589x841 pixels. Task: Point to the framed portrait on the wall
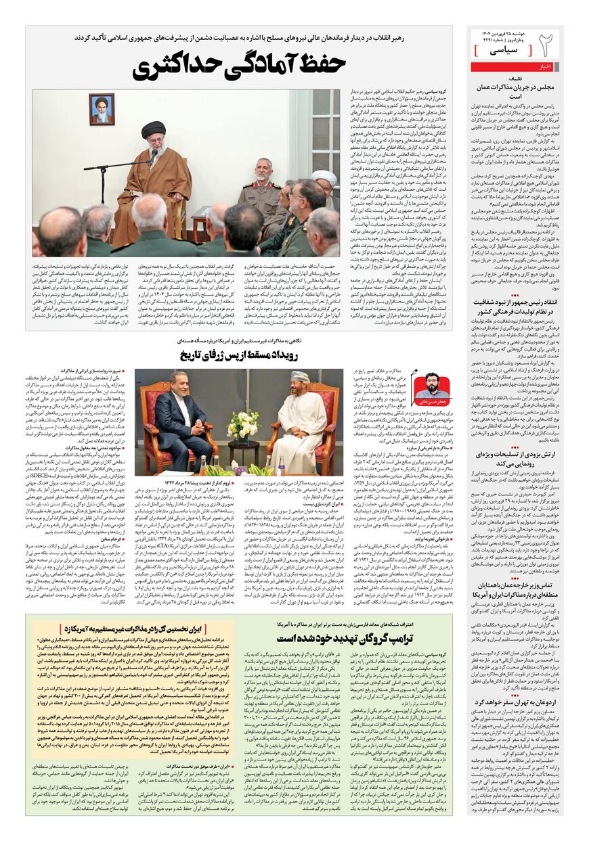[x=102, y=109]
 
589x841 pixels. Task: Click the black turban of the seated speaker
[x=153, y=129]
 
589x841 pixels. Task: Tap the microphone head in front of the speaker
[x=154, y=154]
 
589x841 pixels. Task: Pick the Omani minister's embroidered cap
[x=301, y=376]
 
